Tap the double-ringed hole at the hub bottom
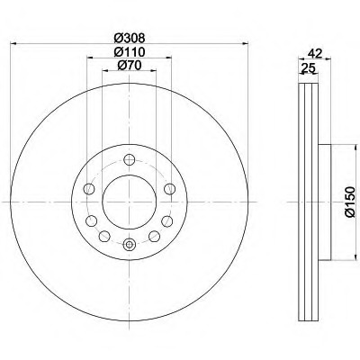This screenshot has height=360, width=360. [130, 243]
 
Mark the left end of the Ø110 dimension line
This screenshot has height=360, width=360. [87, 58]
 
